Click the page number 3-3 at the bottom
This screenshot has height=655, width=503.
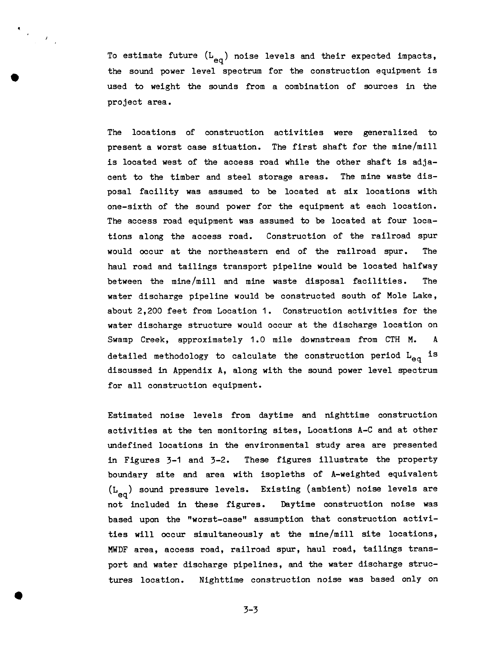point(251,609)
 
